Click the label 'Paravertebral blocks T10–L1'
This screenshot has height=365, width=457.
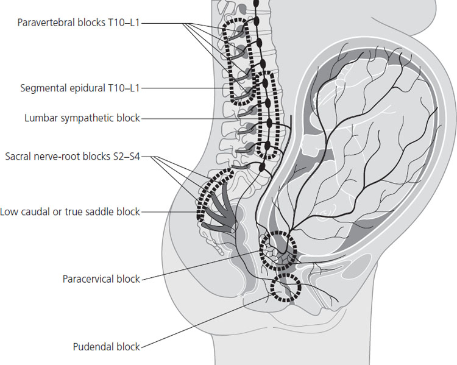coord(80,23)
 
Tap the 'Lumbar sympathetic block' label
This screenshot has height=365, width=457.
coord(82,118)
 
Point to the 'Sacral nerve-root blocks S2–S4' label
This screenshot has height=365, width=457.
coord(76,157)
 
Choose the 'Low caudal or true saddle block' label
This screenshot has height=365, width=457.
coord(70,212)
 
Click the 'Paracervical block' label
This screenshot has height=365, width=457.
coord(101,279)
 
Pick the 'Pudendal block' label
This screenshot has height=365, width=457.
coord(107,347)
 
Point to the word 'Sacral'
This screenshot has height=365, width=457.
coord(18,157)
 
